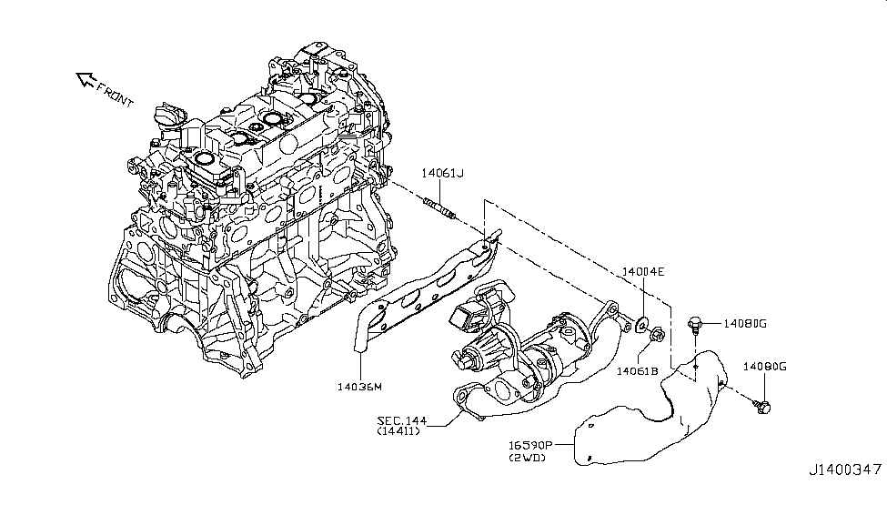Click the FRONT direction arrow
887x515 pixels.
86,80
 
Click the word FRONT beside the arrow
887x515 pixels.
116,95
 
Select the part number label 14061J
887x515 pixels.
442,173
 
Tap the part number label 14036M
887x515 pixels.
359,387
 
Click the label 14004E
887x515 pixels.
643,272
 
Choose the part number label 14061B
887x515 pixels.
638,371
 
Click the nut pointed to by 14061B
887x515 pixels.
658,335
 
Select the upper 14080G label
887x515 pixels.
745,324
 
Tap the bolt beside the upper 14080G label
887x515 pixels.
695,325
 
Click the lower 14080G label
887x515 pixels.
765,367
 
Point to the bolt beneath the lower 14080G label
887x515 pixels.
762,405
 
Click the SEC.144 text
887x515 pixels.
402,421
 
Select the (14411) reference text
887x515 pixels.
398,431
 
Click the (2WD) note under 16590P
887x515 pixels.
528,458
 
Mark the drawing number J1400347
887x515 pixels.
845,470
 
